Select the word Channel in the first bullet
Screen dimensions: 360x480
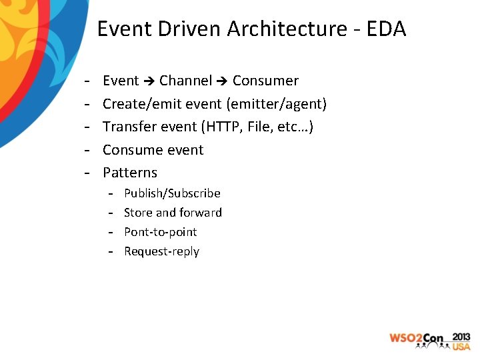click(x=185, y=81)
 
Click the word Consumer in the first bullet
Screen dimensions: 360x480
click(x=265, y=81)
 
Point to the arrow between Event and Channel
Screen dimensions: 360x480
click(x=149, y=81)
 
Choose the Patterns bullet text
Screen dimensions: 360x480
click(x=130, y=173)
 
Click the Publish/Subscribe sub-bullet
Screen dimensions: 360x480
click(x=172, y=193)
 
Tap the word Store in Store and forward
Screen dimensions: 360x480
click(x=138, y=213)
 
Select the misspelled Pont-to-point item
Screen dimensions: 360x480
click(x=161, y=232)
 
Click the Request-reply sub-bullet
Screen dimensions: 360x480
click(x=161, y=251)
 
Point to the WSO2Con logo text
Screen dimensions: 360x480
click(x=417, y=339)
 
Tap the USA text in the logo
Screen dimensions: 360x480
click(x=461, y=347)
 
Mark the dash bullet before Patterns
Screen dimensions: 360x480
click(x=87, y=173)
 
